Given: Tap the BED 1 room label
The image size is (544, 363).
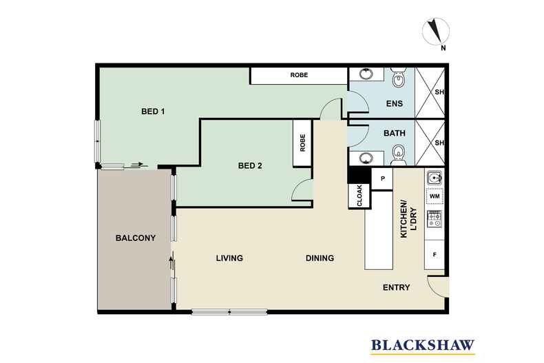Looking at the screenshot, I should (153, 112).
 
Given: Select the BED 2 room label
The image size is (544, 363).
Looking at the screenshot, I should (250, 165).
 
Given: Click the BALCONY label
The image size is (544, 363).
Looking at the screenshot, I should (135, 238).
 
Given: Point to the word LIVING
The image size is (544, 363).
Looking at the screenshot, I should (229, 258).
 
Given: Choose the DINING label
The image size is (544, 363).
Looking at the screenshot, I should (320, 258).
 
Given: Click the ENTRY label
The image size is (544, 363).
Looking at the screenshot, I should (396, 287).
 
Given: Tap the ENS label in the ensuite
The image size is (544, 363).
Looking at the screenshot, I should (394, 105).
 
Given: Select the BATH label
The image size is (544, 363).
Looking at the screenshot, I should (395, 134).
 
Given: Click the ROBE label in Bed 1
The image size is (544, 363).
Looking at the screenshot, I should (299, 75).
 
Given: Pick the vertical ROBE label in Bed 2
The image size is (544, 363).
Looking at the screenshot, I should (302, 143).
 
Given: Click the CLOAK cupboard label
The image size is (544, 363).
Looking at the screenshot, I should (359, 196).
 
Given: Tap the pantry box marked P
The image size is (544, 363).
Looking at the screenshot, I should (381, 178).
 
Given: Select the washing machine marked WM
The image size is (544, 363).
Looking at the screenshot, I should (435, 197).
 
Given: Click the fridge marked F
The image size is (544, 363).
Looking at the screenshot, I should (435, 255).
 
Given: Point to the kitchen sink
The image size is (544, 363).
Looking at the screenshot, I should (435, 178).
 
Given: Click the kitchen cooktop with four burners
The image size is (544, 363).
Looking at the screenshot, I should (435, 219).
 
